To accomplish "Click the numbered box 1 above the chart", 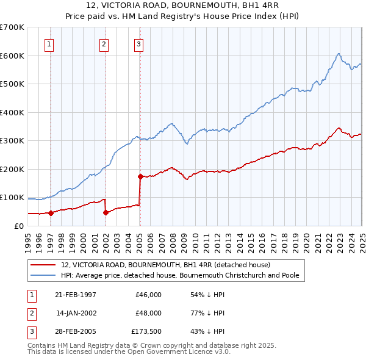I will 49,43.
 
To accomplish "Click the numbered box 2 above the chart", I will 104,43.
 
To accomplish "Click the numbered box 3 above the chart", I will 139,43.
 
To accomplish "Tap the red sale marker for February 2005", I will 140,177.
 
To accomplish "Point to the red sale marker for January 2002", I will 106,212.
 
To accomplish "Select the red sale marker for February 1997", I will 51,213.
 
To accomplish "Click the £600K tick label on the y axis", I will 12,56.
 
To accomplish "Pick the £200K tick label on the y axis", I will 12,169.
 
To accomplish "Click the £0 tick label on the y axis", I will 19,226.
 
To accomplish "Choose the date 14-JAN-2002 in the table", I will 76,313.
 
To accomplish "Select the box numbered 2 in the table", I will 31,313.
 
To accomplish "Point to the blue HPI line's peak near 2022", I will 338,54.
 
